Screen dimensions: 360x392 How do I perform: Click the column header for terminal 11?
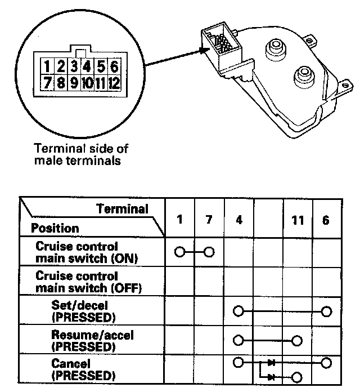point(298,220)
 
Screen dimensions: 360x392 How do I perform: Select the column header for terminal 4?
point(238,220)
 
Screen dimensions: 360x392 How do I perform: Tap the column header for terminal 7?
point(209,220)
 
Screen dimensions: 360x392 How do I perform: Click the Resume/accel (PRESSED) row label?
point(84,341)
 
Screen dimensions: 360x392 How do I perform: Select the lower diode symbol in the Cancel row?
point(272,376)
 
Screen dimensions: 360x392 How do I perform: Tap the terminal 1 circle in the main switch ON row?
point(179,252)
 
